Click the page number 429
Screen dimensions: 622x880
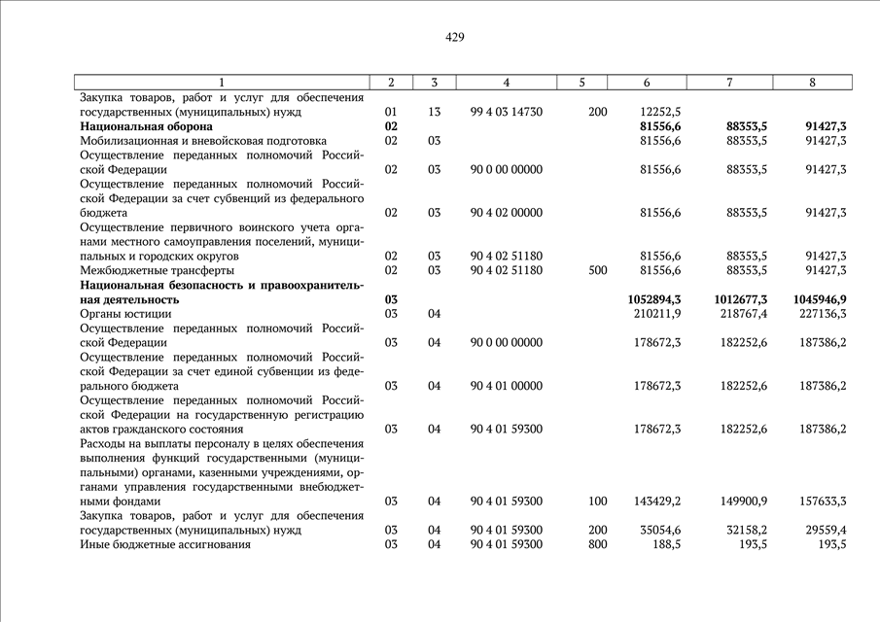[455, 37]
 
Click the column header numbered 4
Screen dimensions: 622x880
[506, 83]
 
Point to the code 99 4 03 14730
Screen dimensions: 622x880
[506, 112]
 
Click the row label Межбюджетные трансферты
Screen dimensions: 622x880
[157, 270]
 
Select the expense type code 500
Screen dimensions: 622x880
[598, 270]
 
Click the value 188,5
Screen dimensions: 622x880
[665, 544]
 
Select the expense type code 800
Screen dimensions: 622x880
[598, 544]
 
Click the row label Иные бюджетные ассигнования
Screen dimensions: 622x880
[165, 544]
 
